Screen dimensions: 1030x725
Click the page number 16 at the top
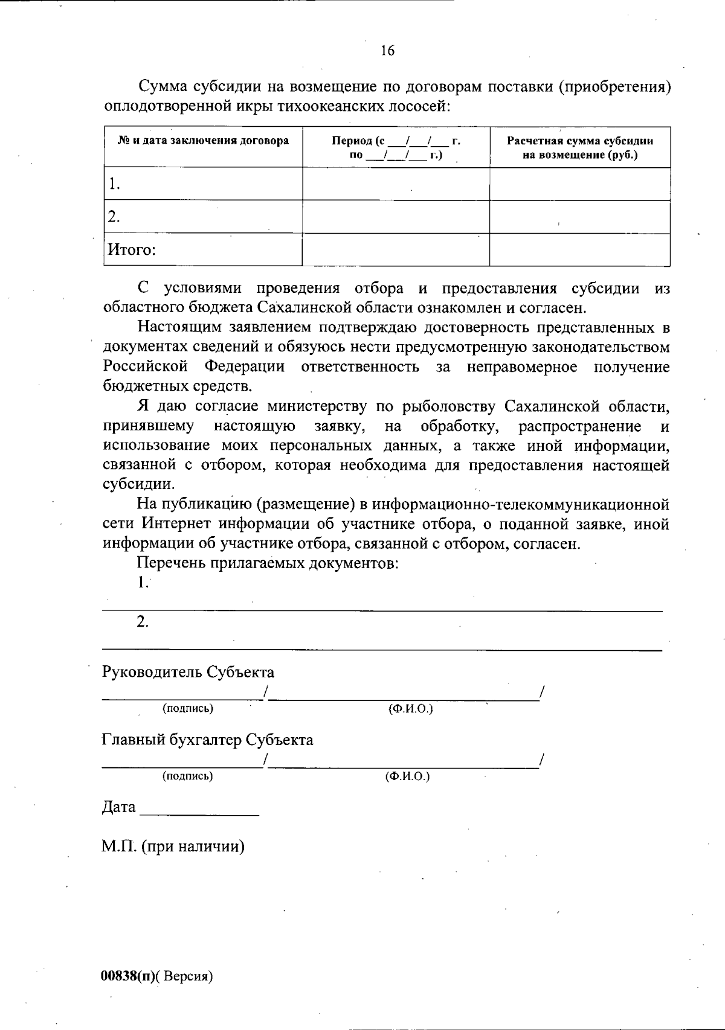coord(387,51)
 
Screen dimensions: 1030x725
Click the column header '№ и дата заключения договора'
coord(203,141)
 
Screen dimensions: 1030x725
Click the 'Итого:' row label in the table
coord(132,250)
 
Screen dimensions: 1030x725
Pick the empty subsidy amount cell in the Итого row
coord(579,250)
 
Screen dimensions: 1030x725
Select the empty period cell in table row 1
coord(396,184)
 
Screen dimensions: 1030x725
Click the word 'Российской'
coord(145,367)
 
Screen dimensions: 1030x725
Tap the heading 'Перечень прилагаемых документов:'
coord(268,563)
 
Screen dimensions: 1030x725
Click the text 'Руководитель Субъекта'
coord(188,672)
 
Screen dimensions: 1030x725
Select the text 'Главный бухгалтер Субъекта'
coord(207,740)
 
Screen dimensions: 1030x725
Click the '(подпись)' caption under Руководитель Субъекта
coord(187,708)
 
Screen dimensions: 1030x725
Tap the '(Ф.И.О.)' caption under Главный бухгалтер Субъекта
coord(407,776)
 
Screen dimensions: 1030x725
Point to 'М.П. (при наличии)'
coord(173,846)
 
